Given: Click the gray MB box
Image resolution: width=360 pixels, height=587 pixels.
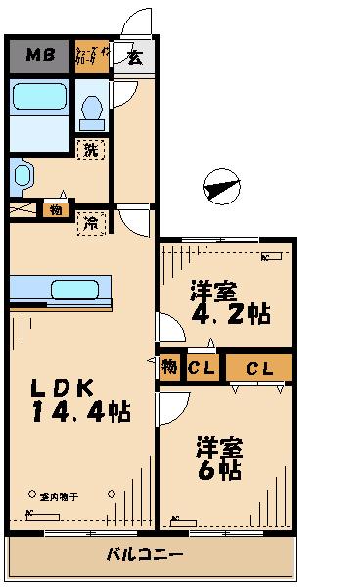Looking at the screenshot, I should pos(39,56).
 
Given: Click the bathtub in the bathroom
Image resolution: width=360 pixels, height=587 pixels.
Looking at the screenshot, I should pos(40,98).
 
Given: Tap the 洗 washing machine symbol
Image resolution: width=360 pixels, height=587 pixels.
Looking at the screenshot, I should pos(90,150).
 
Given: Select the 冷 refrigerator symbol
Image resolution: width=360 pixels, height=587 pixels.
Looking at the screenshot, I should pos(90,222).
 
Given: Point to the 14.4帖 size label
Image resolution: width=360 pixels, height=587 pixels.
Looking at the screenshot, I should pos(80,411).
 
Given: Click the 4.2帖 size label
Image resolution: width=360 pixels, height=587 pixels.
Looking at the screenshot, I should pos(233,315).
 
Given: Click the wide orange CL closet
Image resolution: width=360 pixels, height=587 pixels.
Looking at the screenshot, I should pos(258,368).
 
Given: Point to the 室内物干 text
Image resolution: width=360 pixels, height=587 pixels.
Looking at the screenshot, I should pos(60,497).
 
